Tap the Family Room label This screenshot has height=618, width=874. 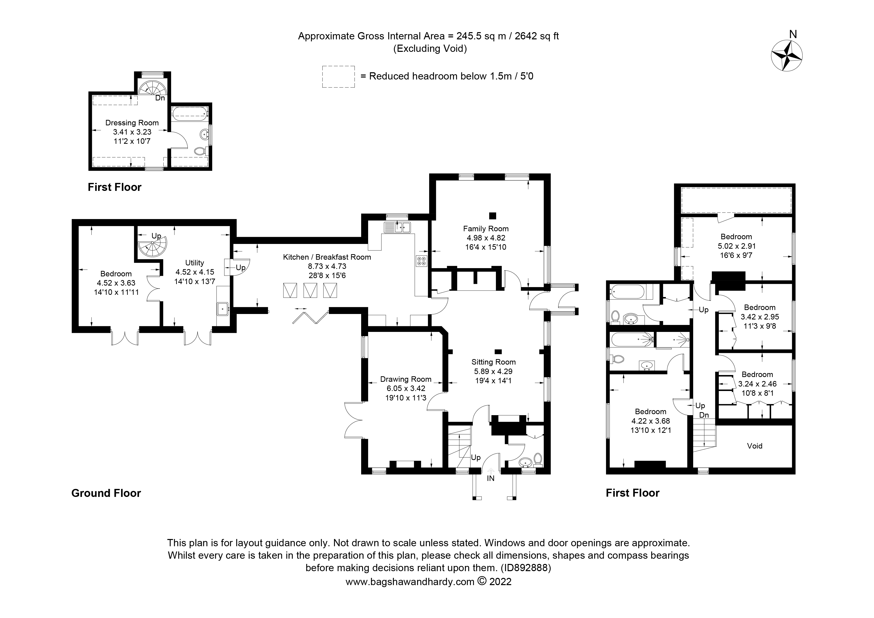pos(486,229)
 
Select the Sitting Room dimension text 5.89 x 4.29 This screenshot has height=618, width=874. pos(493,371)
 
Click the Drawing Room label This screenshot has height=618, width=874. pos(406,379)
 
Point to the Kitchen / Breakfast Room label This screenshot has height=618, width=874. pos(327,257)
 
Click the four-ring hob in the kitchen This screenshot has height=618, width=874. pos(421,261)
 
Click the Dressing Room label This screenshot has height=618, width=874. pos(132,123)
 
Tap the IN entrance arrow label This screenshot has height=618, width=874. pos(491,478)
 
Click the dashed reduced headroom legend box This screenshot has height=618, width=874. pos(338,77)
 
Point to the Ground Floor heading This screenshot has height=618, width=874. pos(106,493)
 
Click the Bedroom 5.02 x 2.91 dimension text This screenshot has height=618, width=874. pos(737,246)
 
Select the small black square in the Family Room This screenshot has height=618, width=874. pos(493,216)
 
